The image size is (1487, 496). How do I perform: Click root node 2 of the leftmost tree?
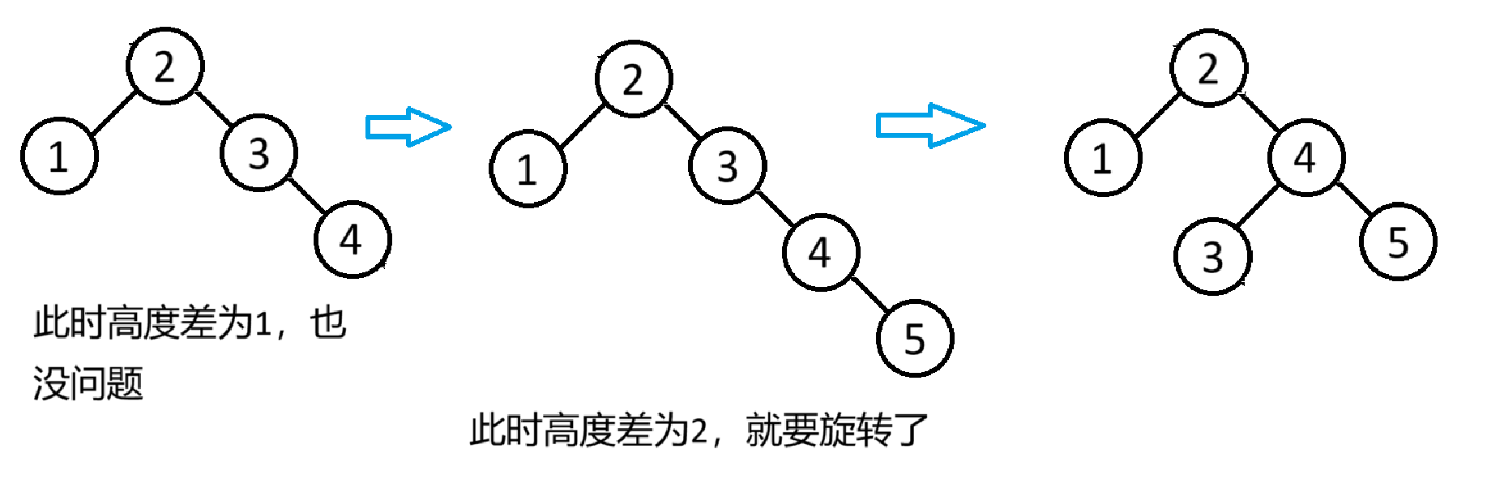click(165, 66)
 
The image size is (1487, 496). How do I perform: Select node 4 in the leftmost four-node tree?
click(353, 239)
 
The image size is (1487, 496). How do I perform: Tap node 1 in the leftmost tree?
click(59, 156)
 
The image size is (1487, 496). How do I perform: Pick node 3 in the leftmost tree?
click(259, 153)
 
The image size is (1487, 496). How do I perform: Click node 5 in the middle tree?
click(914, 339)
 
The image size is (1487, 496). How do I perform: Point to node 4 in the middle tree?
click(820, 252)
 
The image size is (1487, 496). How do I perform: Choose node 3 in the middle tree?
click(727, 166)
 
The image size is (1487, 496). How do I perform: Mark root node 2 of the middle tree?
click(633, 79)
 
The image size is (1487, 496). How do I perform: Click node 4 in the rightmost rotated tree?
click(1305, 157)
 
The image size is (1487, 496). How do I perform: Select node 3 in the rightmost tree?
click(1212, 257)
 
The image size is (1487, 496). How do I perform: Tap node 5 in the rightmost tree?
click(1398, 242)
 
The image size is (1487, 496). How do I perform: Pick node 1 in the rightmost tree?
click(1102, 158)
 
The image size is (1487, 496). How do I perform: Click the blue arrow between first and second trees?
click(408, 127)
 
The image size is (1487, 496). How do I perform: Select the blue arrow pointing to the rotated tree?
click(929, 126)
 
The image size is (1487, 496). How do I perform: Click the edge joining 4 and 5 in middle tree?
click(869, 294)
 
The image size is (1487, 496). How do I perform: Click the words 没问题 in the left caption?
click(88, 383)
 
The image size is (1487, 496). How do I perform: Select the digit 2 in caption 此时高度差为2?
click(698, 430)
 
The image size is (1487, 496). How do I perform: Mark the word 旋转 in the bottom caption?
click(855, 430)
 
